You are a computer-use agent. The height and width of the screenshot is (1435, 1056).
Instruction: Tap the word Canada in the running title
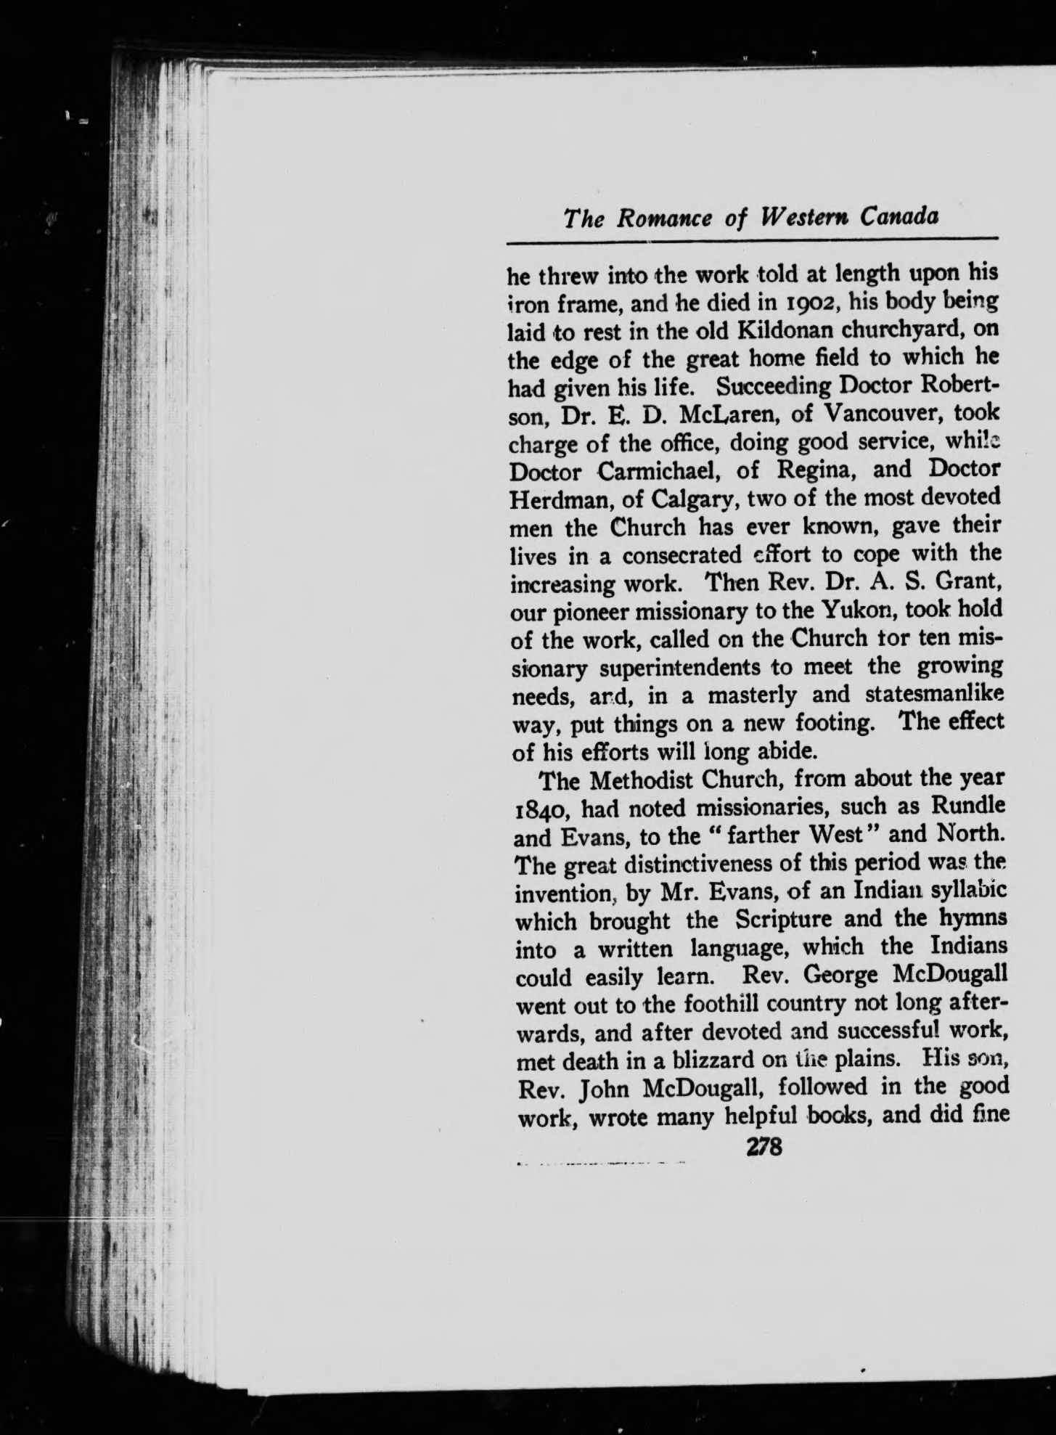coord(896,218)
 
